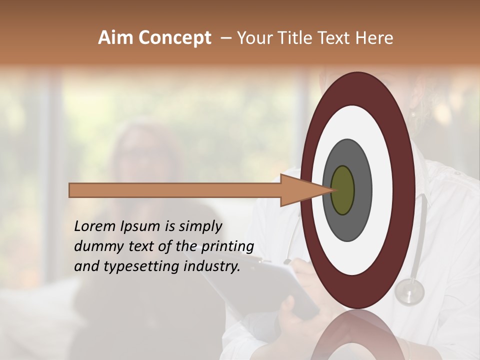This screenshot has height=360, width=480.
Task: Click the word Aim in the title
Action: point(116,38)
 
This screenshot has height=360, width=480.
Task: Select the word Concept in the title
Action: point(174,38)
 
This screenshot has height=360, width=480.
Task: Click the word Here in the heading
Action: point(375,38)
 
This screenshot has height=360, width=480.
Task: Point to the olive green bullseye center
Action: point(342,190)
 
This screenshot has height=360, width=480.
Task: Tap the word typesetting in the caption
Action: point(132,267)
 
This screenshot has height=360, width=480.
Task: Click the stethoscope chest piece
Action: point(409,291)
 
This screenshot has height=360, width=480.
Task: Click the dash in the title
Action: point(226,38)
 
